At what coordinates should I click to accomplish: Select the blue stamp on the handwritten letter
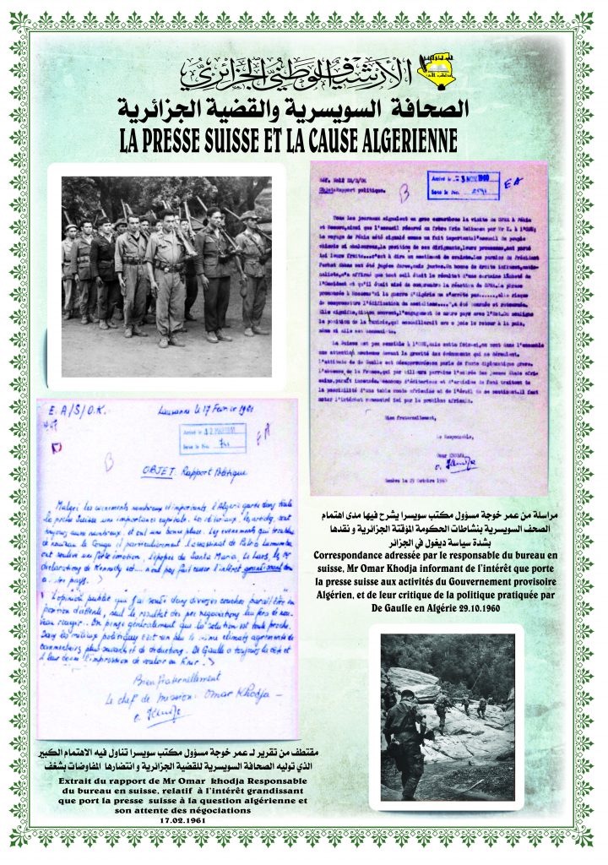210,438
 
